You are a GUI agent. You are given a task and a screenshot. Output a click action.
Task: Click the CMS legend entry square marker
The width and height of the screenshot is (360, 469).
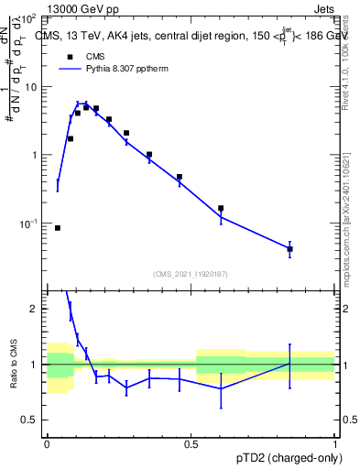point(67,57)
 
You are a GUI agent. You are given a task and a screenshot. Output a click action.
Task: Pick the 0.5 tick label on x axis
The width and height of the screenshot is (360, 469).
point(191,443)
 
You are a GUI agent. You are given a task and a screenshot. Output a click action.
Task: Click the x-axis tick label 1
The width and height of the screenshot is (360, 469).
point(335,443)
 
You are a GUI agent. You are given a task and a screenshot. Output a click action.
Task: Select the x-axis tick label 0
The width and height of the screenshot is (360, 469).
point(47,443)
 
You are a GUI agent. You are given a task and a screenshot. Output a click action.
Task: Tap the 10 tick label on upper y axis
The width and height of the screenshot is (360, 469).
point(31,87)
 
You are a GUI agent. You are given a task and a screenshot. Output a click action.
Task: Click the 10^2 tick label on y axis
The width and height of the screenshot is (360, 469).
point(29,18)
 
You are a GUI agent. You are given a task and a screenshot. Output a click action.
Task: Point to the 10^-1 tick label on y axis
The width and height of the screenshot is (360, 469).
point(29,224)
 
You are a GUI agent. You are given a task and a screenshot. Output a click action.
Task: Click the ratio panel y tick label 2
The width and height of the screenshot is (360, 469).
point(36,309)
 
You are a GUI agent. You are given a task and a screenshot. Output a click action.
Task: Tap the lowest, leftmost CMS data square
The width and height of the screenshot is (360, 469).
point(58,227)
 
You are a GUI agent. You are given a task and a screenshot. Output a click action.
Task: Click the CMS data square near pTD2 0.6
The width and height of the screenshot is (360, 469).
point(221,208)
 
